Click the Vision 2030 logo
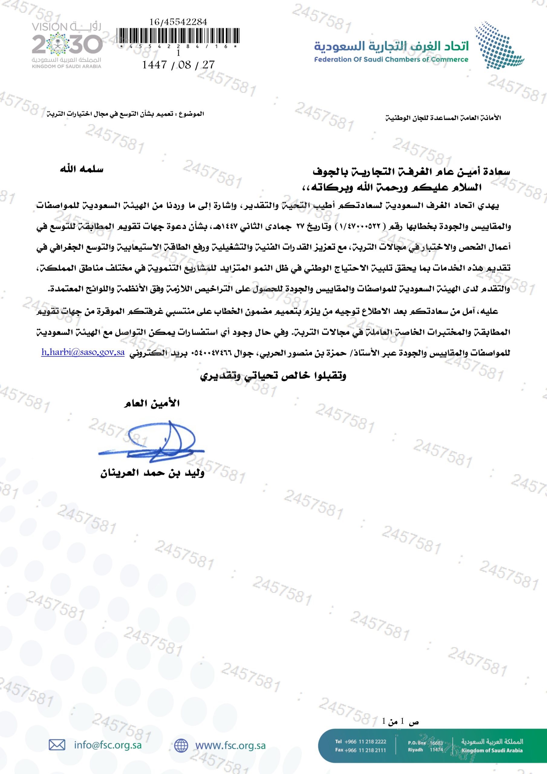pyautogui.click(x=67, y=44)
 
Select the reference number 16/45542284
pyautogui.click(x=178, y=22)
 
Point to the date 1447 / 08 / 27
pyautogui.click(x=178, y=65)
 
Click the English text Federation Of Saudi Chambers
pyautogui.click(x=391, y=60)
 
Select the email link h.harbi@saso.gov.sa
pyautogui.click(x=83, y=353)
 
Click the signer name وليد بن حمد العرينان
pyautogui.click(x=152, y=473)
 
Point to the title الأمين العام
pyautogui.click(x=152, y=403)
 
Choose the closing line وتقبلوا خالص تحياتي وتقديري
pyautogui.click(x=273, y=376)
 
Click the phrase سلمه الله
pyautogui.click(x=82, y=169)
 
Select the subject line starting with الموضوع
pyautogui.click(x=125, y=114)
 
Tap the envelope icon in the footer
pyautogui.click(x=57, y=745)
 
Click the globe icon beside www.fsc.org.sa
pyautogui.click(x=181, y=745)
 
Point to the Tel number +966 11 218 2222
pyautogui.click(x=360, y=741)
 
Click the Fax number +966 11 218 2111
pyautogui.click(x=360, y=750)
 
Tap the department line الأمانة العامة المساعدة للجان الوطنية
pyautogui.click(x=443, y=118)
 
